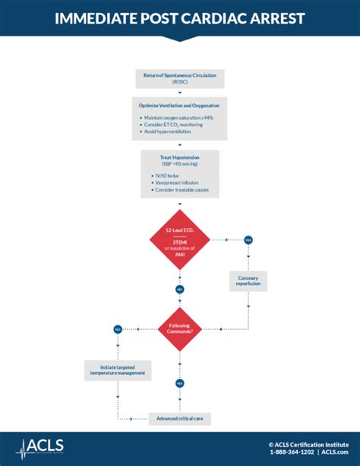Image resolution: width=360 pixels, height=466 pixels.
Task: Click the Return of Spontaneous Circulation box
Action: (180, 77)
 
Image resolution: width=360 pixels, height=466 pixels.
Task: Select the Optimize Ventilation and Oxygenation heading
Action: (180, 105)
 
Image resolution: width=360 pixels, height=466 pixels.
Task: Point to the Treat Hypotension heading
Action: (180, 157)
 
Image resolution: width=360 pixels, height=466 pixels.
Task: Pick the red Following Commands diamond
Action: (180, 328)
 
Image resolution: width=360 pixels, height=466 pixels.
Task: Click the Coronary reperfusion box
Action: (248, 281)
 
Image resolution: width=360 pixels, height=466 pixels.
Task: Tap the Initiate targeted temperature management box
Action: (118, 370)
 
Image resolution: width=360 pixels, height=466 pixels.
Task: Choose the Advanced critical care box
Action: (180, 419)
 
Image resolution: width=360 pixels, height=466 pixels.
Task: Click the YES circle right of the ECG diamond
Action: (248, 239)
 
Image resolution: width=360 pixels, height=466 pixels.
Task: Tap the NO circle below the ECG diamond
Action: (180, 290)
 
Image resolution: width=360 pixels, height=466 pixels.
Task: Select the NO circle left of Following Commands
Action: (118, 328)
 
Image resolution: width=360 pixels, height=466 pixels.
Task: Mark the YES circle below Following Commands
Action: (180, 383)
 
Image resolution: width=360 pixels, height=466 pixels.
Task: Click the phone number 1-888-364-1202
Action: (292, 452)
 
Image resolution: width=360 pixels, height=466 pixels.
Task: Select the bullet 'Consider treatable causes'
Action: (182, 190)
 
